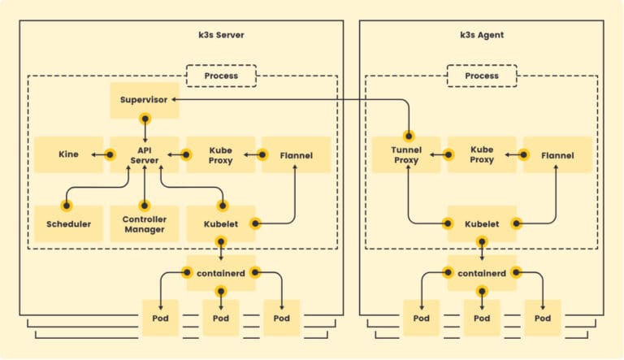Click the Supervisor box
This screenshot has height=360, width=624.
145,99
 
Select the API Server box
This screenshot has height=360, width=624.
144,154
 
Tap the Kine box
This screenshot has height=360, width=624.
68,154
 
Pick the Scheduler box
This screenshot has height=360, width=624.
68,223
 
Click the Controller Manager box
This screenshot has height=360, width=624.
144,223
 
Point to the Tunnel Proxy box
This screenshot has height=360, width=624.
406,154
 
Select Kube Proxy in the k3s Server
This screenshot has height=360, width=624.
221,154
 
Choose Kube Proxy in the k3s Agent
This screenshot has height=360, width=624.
482,154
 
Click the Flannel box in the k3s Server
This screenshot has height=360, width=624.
296,154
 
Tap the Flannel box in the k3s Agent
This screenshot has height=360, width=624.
557,154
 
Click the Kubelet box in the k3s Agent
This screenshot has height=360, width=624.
482,223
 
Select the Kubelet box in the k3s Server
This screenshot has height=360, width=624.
221,223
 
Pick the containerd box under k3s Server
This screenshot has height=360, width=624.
221,274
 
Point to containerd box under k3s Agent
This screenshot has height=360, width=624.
482,274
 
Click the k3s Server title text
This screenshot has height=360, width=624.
221,35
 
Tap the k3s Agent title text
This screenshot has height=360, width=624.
482,35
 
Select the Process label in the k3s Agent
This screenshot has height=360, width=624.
482,76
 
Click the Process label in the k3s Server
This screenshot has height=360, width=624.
221,76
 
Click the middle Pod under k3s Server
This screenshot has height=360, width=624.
221,318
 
